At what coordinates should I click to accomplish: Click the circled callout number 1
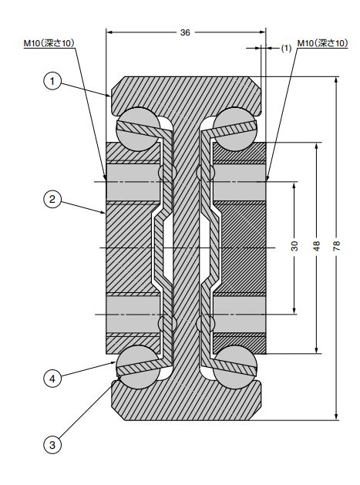(x=52, y=82)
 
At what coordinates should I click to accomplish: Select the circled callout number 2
(x=52, y=199)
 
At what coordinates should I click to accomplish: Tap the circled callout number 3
(x=52, y=445)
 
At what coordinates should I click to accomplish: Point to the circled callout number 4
(x=52, y=378)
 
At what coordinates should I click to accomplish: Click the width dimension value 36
(x=185, y=32)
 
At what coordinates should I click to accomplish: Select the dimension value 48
(x=316, y=246)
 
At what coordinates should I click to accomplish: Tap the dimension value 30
(x=294, y=246)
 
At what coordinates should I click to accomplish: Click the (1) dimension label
(x=286, y=49)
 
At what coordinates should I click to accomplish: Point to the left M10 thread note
(x=49, y=43)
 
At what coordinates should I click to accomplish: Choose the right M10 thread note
(x=322, y=43)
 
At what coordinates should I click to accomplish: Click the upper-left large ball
(x=138, y=129)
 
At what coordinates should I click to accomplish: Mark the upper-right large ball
(x=235, y=129)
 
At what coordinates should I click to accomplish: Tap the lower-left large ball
(x=138, y=367)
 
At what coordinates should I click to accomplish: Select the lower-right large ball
(x=235, y=367)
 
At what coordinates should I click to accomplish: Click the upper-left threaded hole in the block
(x=133, y=183)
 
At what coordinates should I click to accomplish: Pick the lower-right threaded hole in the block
(x=240, y=315)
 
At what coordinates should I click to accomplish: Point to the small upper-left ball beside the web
(x=167, y=172)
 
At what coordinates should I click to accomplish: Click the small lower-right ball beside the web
(x=206, y=324)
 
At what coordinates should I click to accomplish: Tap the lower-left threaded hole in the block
(x=133, y=315)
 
